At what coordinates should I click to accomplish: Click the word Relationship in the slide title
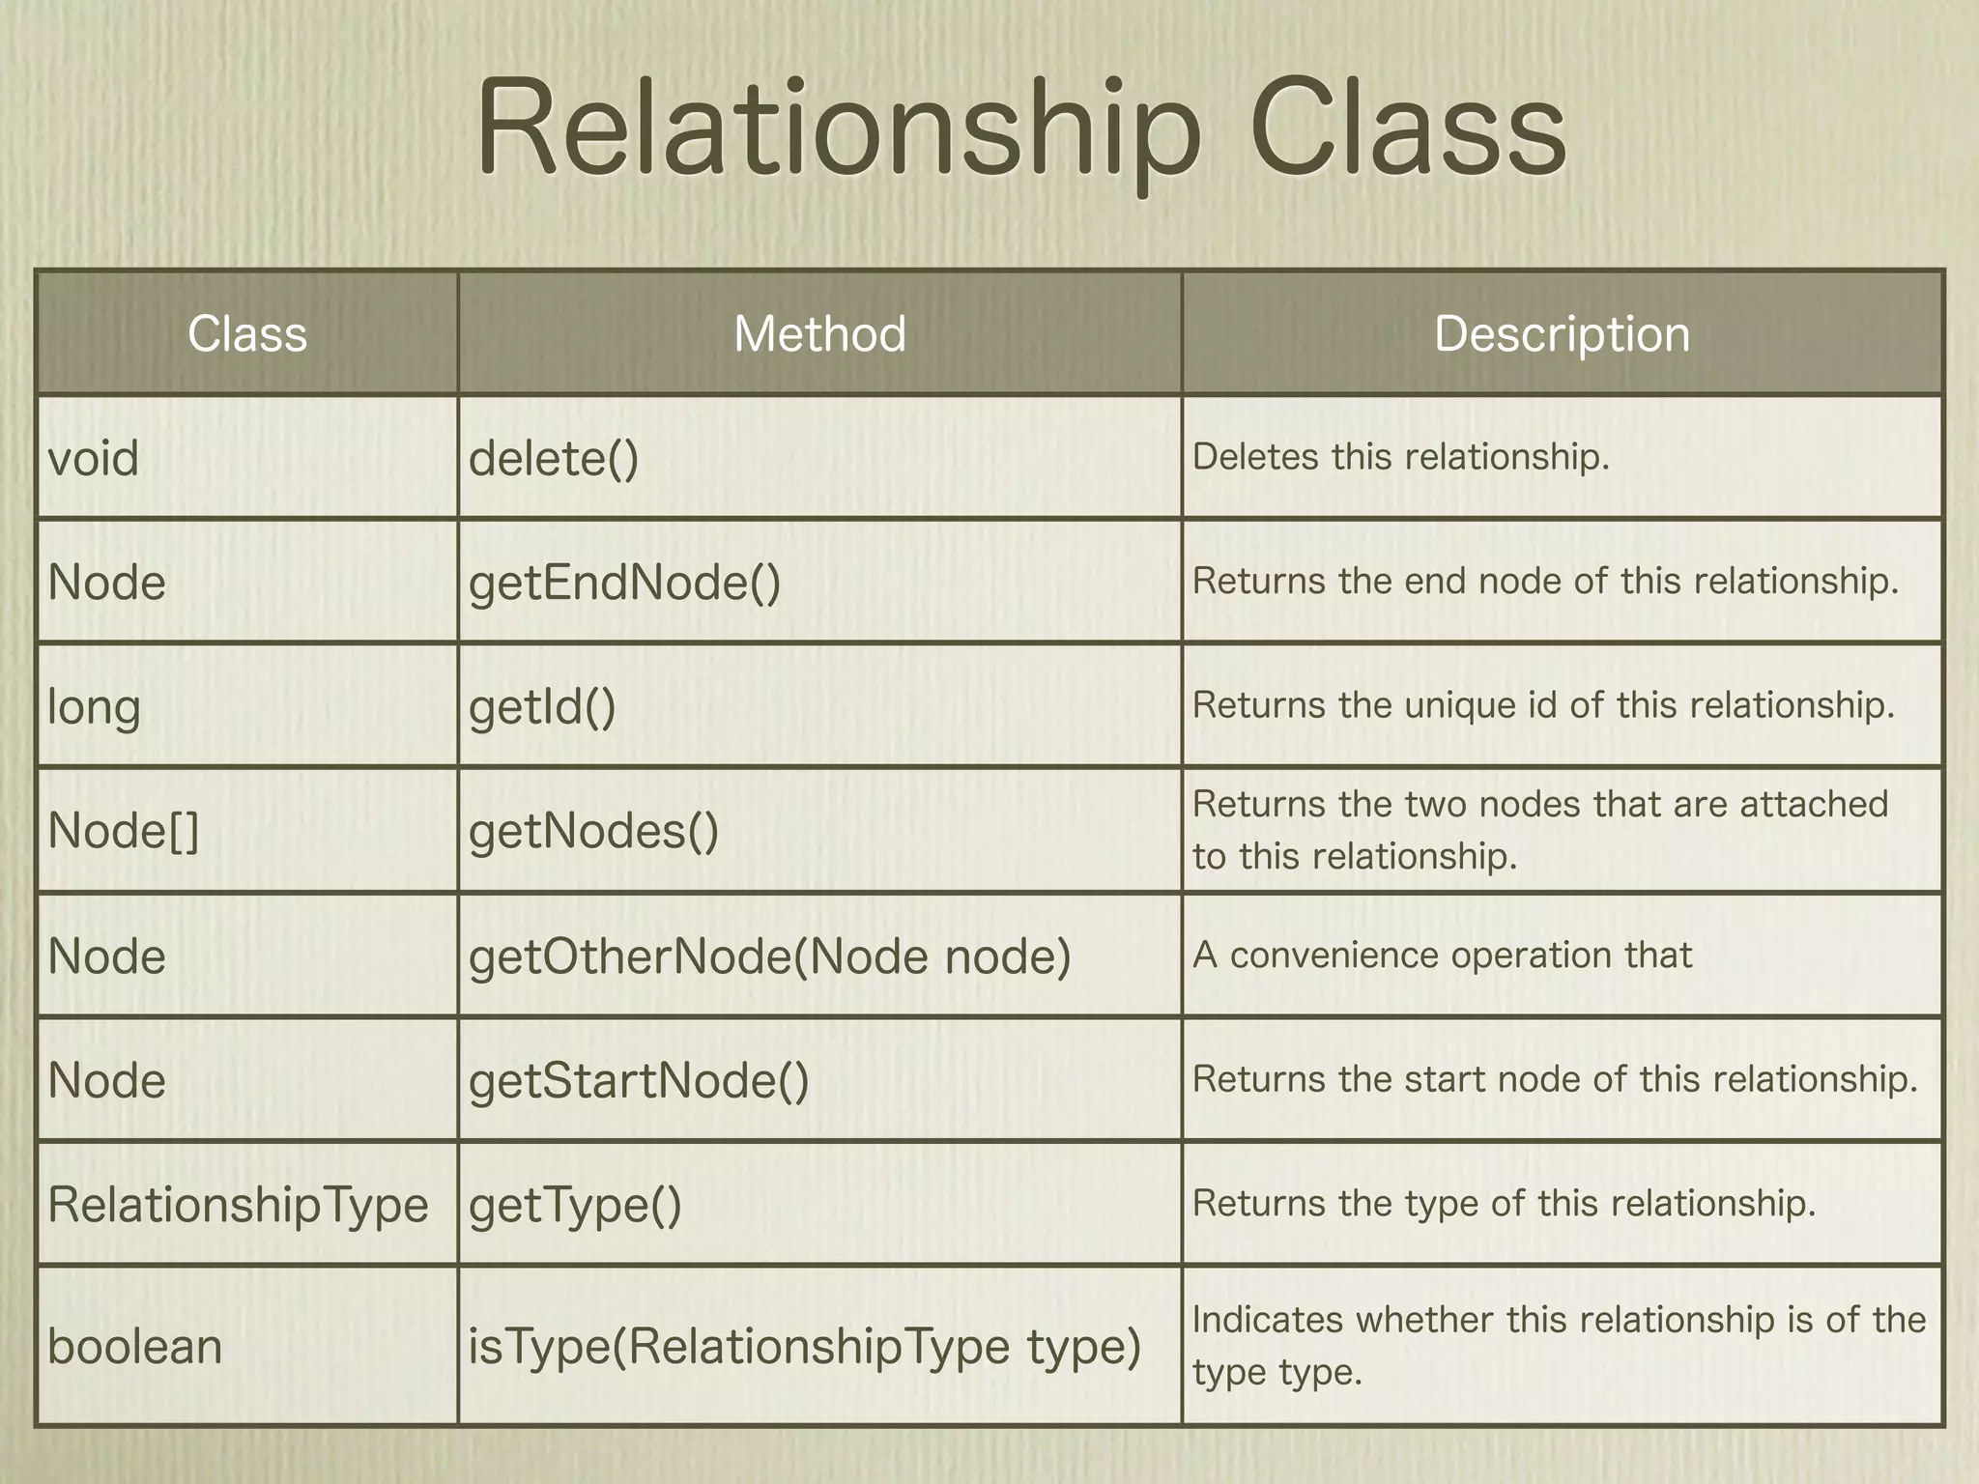837,130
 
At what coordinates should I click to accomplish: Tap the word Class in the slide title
1407,130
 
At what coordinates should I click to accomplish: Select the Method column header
819,334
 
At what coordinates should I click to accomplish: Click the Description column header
1562,334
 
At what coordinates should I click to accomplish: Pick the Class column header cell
247,334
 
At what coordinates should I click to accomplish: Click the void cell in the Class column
94,458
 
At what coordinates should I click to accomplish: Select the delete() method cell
554,458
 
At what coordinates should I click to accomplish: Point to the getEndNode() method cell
625,583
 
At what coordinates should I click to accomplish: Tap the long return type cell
95,707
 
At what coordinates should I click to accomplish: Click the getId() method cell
542,707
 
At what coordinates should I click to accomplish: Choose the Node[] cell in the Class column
124,831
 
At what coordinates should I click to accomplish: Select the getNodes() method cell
594,831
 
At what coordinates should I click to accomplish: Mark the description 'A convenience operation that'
1442,956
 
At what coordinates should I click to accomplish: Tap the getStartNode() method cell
639,1080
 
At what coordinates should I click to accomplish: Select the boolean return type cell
135,1347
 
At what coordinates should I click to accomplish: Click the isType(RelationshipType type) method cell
805,1347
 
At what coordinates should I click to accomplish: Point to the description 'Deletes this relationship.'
1401,457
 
